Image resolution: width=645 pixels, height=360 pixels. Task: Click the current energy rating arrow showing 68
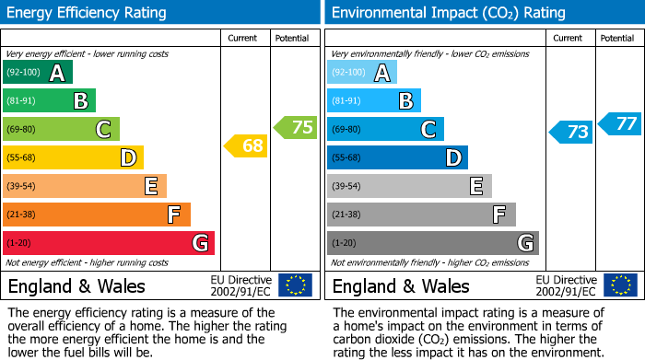tap(245, 145)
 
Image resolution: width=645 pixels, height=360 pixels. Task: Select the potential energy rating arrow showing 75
tap(295, 128)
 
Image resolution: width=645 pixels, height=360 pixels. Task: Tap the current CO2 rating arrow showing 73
tap(570, 132)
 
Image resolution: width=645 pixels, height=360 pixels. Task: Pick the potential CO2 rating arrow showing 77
tap(619, 123)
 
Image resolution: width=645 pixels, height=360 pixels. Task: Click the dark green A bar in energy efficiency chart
tap(38, 73)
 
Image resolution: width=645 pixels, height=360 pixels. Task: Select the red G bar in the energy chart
tap(109, 243)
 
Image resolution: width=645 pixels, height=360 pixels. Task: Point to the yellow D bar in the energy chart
tap(73, 157)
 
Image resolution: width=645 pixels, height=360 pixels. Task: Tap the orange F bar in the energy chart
tap(97, 215)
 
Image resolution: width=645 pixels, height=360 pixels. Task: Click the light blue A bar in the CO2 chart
tap(362, 73)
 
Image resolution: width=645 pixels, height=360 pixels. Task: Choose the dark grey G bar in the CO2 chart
tap(432, 243)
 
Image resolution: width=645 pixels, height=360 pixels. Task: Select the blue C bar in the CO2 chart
tap(385, 129)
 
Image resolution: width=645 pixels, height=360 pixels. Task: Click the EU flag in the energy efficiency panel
tap(295, 285)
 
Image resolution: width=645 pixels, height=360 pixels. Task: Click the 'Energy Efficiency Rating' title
tap(88, 13)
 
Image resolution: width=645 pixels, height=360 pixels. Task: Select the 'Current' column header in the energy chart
tap(244, 38)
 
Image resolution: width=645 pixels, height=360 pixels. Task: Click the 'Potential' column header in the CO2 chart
tap(617, 38)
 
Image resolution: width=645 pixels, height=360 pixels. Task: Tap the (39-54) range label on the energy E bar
tap(21, 186)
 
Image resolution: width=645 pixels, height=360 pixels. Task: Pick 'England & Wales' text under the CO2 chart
tap(401, 286)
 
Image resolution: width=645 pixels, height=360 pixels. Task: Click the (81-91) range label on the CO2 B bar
tap(346, 101)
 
